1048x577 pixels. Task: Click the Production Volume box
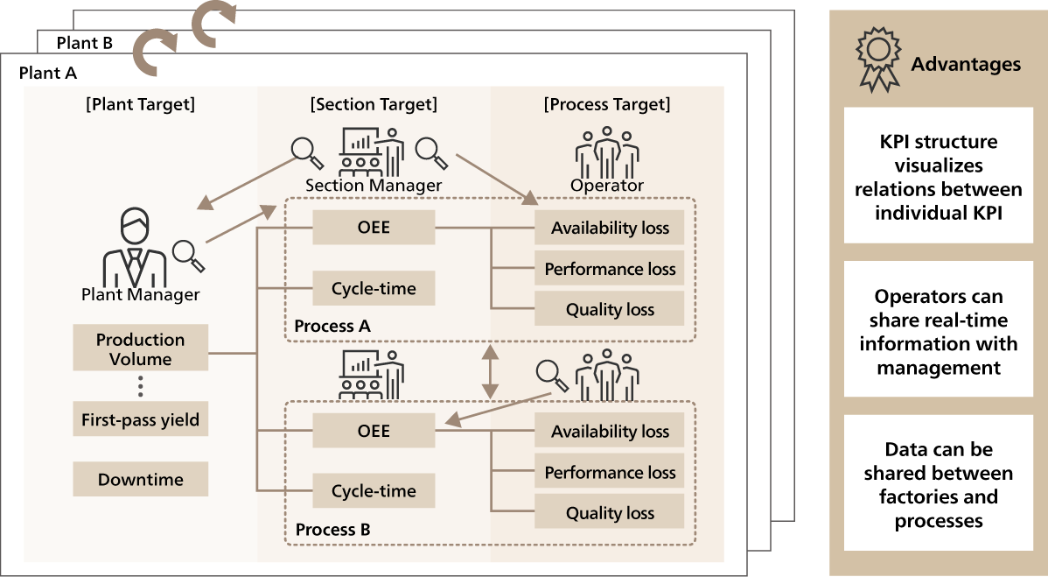pos(140,349)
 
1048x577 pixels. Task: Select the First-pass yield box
pos(140,420)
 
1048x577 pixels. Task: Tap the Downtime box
pos(140,480)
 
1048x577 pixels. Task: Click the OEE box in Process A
pos(374,228)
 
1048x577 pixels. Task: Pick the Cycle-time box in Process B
pos(374,491)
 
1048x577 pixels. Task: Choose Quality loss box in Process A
pos(610,309)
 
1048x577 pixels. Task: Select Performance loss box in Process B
pos(610,473)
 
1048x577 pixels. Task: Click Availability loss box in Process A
pos(610,229)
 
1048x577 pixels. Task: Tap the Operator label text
pos(607,186)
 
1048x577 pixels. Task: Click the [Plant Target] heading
pos(140,105)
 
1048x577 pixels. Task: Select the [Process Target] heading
pos(607,105)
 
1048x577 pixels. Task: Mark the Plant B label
pos(84,43)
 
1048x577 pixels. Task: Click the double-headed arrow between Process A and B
pos(490,371)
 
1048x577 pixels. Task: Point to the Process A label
pos(332,327)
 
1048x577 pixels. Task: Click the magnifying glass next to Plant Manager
pos(188,254)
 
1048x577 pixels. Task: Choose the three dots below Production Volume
pos(140,386)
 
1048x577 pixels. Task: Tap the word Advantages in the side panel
pos(966,64)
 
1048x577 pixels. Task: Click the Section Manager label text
pos(374,186)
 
